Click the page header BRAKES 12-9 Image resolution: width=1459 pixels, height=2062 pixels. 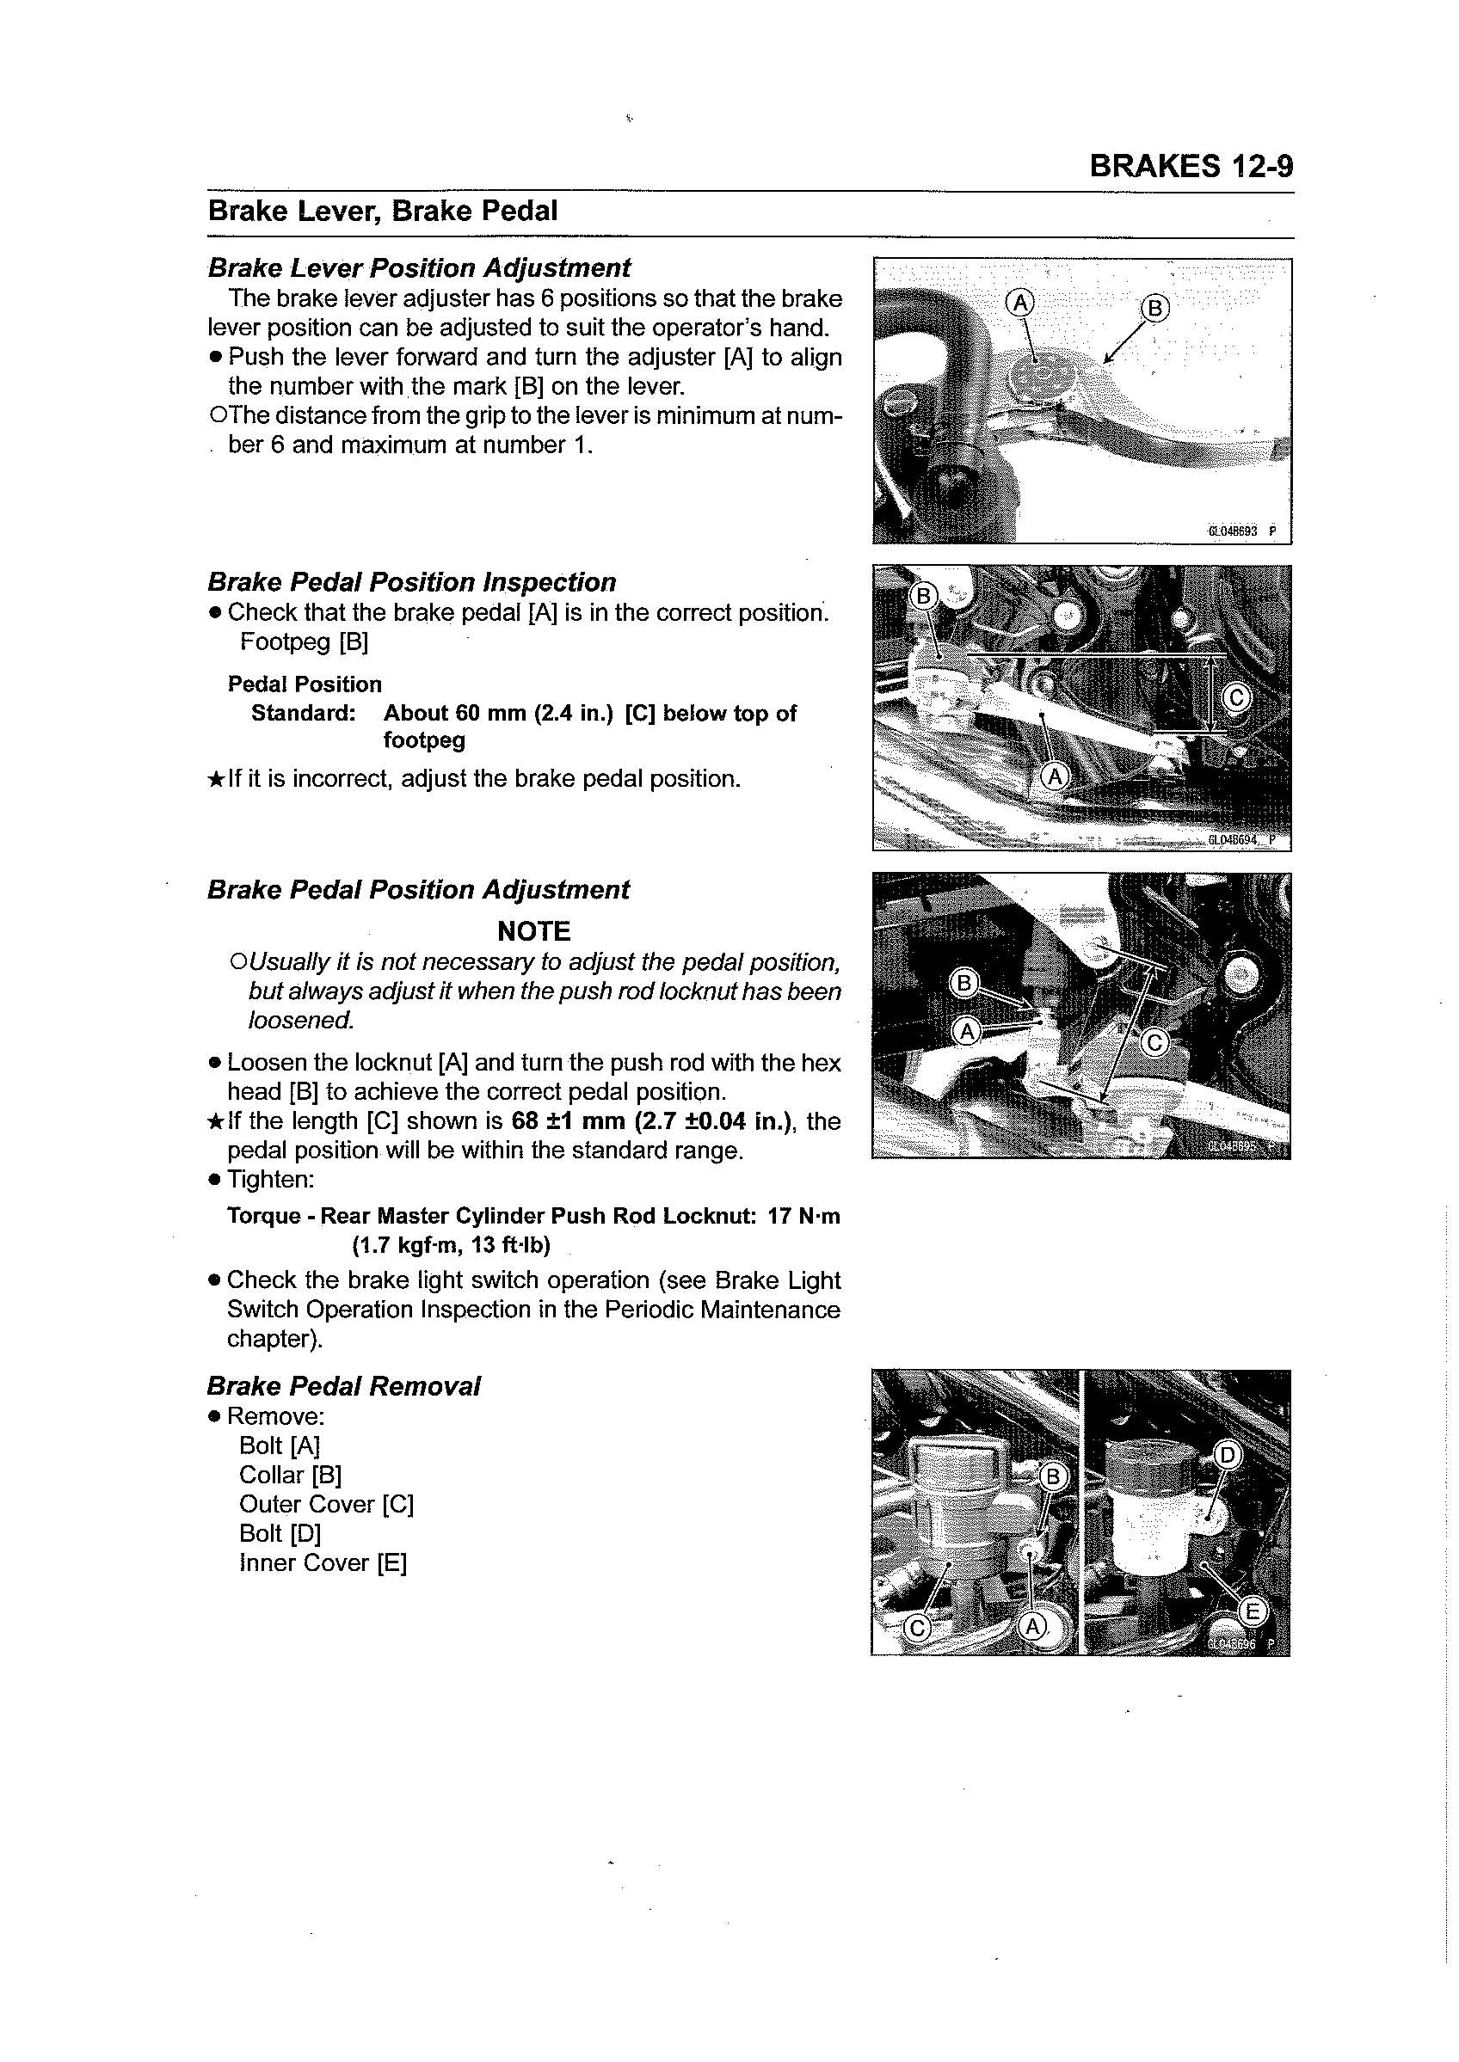tap(1191, 166)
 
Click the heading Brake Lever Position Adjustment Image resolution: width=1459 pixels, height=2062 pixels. tap(419, 267)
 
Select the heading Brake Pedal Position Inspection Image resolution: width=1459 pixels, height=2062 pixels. tap(411, 582)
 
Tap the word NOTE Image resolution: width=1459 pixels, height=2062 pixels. tap(533, 930)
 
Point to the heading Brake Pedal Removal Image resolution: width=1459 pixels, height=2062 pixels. tap(343, 1386)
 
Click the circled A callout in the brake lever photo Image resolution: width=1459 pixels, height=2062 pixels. tap(1019, 303)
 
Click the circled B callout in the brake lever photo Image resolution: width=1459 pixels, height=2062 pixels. tap(1155, 308)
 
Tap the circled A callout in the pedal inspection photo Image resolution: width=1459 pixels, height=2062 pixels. tap(1054, 775)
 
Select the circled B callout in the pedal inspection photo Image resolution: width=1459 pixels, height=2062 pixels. tap(924, 595)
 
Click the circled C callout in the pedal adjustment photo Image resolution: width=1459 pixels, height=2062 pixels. tap(1154, 1043)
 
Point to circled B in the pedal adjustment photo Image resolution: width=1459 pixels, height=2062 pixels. tap(964, 984)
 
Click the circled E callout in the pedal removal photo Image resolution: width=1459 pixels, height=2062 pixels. tap(1253, 1613)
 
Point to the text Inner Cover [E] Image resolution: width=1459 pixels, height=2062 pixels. tap(323, 1562)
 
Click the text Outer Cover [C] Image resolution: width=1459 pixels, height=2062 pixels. tap(326, 1504)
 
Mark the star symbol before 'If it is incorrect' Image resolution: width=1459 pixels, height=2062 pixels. tap(215, 779)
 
